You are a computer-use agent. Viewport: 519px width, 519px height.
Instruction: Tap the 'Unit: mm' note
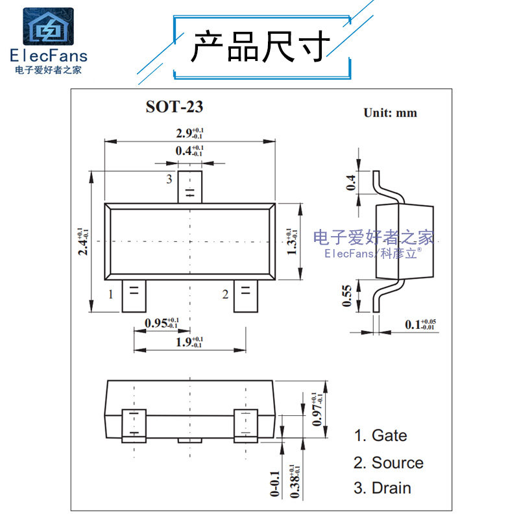pyautogui.click(x=390, y=113)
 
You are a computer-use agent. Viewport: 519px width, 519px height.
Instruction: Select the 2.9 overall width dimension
pyautogui.click(x=189, y=134)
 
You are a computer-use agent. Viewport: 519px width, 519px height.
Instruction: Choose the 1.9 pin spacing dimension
pyautogui.click(x=189, y=341)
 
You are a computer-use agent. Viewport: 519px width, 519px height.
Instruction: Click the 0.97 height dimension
pyautogui.click(x=318, y=409)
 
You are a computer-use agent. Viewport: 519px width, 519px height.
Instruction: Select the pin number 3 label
pyautogui.click(x=169, y=178)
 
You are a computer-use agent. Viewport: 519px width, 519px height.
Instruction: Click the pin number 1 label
pyautogui.click(x=111, y=295)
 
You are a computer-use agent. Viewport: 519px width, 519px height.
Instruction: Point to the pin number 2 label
pyautogui.click(x=225, y=295)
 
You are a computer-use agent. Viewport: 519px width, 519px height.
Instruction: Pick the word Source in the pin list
pyautogui.click(x=397, y=463)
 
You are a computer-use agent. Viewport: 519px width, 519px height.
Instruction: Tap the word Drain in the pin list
pyautogui.click(x=391, y=488)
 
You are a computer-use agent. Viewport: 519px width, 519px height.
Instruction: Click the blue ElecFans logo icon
pyautogui.click(x=49, y=27)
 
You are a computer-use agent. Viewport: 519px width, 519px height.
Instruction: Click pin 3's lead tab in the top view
pyautogui.click(x=190, y=187)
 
